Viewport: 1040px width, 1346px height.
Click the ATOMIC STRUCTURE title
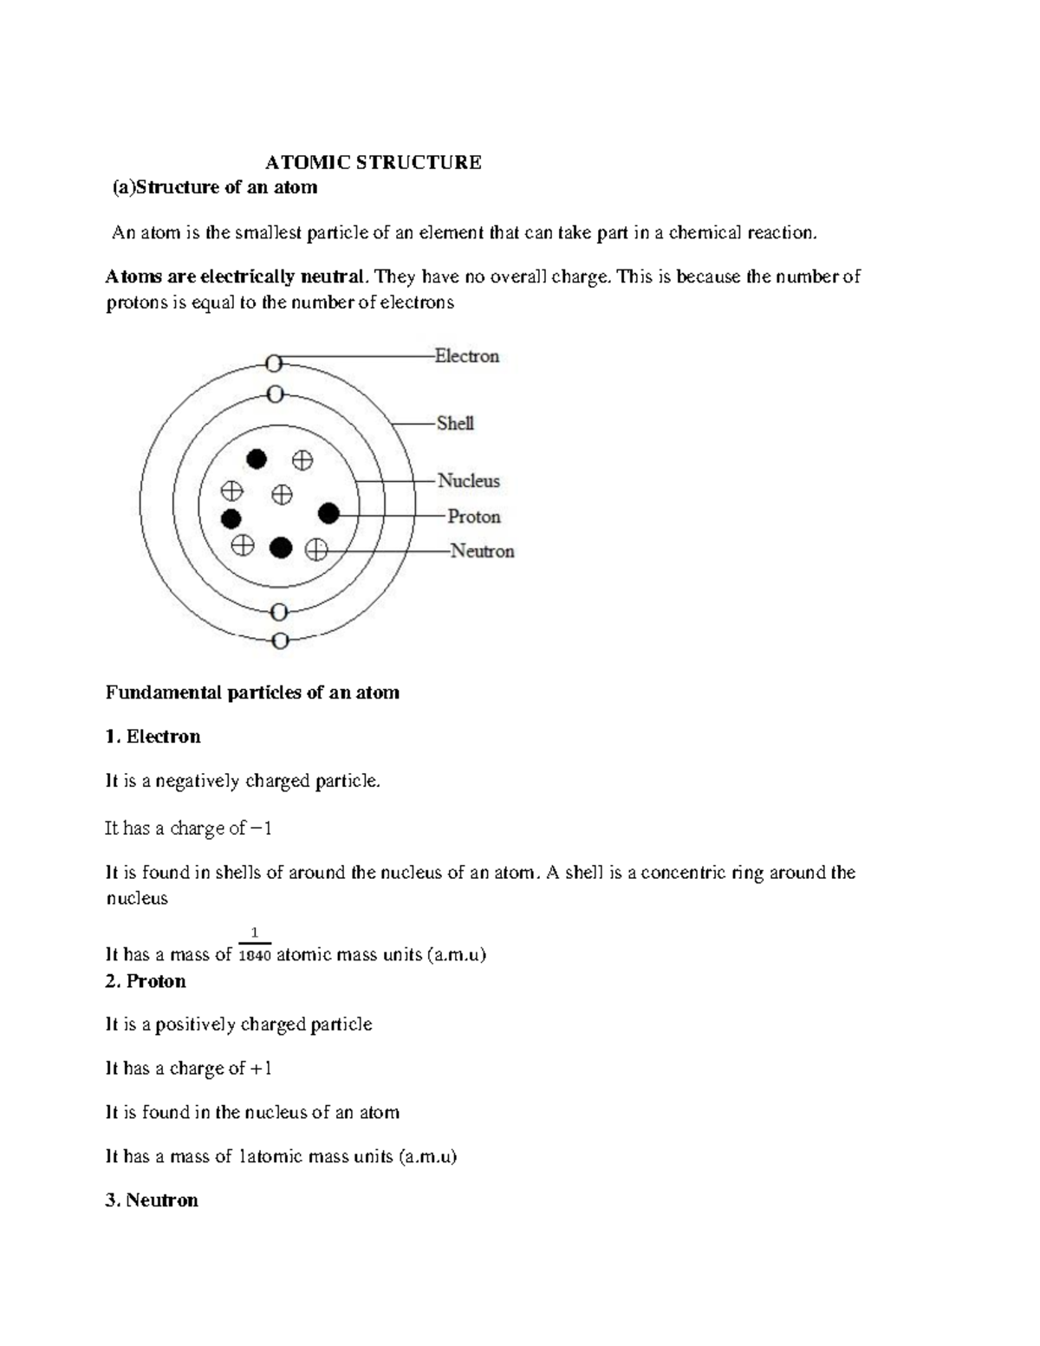[373, 162]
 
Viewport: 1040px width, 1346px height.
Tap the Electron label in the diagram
[466, 356]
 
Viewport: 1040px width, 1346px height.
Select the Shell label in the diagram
[455, 424]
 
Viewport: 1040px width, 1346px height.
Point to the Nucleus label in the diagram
[468, 481]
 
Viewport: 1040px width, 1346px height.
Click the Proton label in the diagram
[474, 517]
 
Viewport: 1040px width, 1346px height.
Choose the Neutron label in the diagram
[482, 551]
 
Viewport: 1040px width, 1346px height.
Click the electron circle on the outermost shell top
[274, 363]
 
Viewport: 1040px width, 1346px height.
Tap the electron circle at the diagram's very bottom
[279, 641]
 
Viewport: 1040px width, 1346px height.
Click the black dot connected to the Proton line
[328, 514]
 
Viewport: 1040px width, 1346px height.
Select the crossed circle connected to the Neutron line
[316, 549]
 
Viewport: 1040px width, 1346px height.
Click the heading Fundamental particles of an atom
[252, 693]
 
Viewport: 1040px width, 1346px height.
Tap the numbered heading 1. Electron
[153, 737]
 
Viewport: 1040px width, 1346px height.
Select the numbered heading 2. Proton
[146, 981]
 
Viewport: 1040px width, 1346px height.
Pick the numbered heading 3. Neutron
[152, 1200]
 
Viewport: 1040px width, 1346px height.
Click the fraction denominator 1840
[255, 956]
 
